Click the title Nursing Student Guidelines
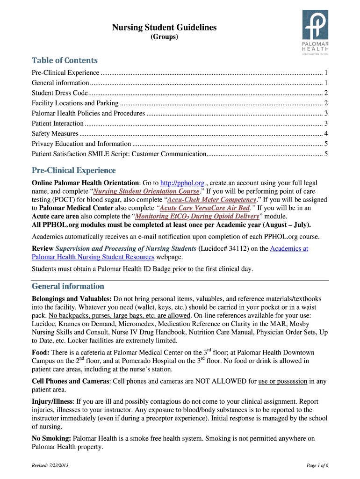click(x=164, y=28)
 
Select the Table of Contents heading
click(x=65, y=60)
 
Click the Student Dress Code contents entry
click(x=59, y=93)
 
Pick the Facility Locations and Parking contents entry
click(x=75, y=103)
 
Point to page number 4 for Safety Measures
click(x=325, y=133)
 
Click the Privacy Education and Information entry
click(x=81, y=144)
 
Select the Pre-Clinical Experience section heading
click(x=73, y=170)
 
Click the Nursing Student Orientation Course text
click(x=146, y=191)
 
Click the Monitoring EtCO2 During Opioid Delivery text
click(x=196, y=216)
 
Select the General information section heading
click(x=68, y=286)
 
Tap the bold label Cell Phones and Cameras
click(x=70, y=381)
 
